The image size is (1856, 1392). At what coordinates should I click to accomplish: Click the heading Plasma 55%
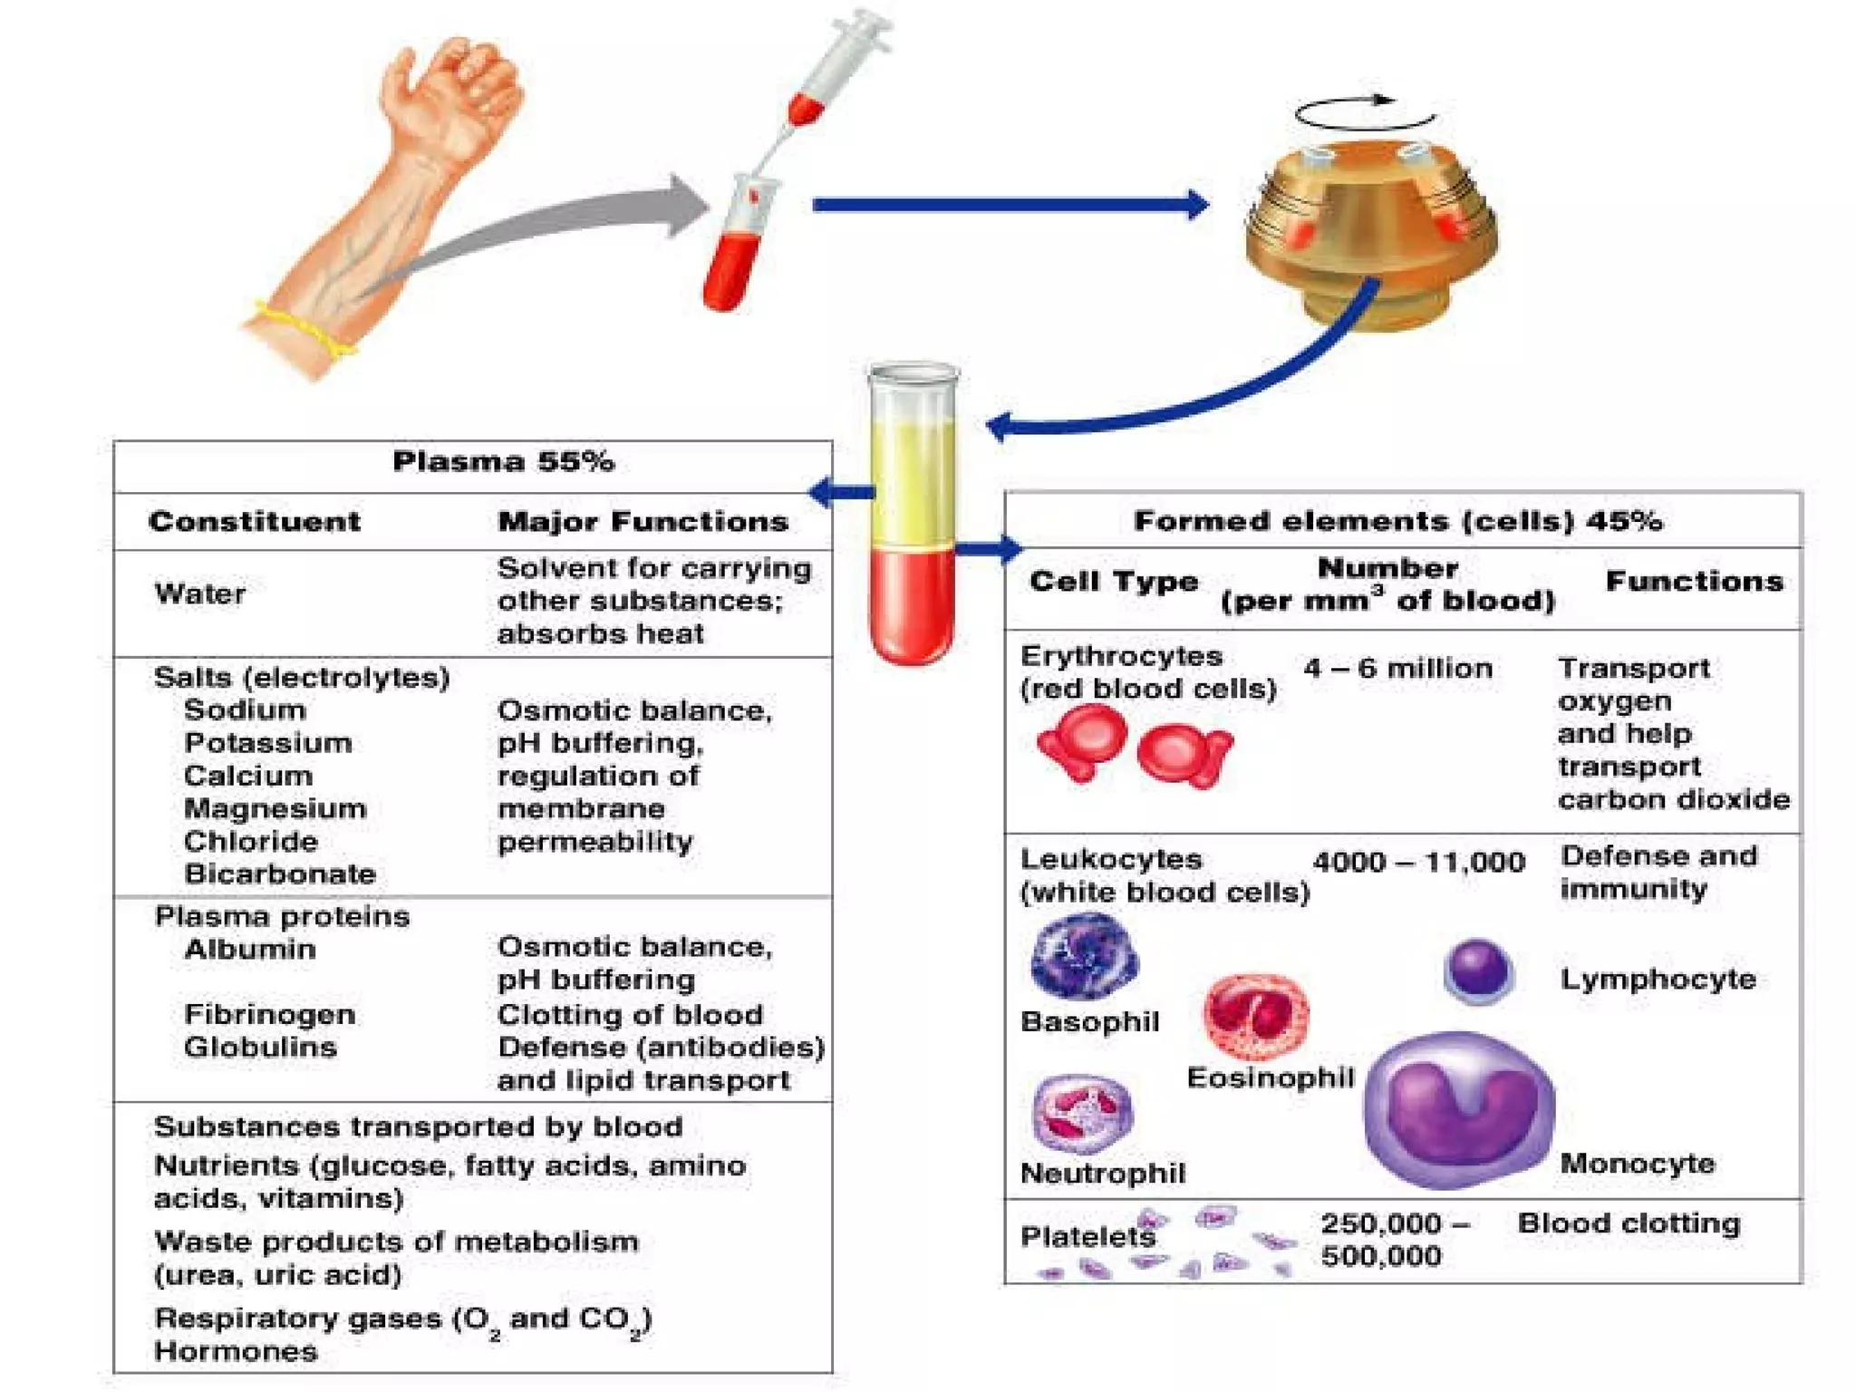tap(503, 462)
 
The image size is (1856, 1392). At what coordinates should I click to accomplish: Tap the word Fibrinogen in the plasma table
tap(269, 1014)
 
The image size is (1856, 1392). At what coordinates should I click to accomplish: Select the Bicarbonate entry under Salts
tap(279, 874)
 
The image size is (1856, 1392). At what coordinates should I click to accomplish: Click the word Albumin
tap(249, 949)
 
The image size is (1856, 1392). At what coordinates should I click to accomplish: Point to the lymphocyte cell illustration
tap(1478, 972)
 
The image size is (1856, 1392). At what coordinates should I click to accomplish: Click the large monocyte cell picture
tap(1458, 1109)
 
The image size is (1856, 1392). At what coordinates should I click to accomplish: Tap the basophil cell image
tap(1084, 956)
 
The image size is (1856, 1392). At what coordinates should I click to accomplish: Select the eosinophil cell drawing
tap(1256, 1017)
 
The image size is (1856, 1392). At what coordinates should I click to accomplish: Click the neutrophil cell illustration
tap(1082, 1114)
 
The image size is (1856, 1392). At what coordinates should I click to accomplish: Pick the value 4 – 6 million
tap(1397, 669)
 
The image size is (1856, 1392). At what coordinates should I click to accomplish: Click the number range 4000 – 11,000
tap(1418, 861)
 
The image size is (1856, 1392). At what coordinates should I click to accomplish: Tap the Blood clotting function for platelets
tap(1629, 1223)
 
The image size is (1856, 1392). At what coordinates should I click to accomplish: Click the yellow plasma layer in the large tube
tap(913, 480)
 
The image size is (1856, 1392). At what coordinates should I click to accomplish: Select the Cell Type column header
tap(1114, 581)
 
